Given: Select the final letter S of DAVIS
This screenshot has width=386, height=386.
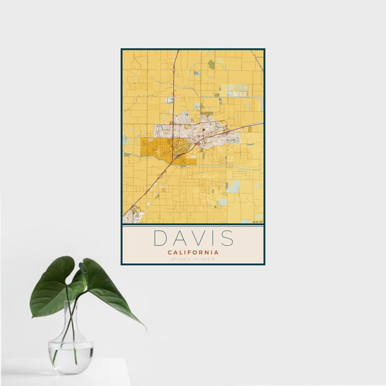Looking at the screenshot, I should (x=227, y=238).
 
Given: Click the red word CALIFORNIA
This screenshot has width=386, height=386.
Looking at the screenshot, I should (x=193, y=252).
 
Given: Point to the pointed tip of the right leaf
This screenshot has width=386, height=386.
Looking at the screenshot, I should (x=144, y=327).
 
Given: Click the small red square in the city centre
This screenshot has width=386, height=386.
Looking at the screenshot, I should (x=204, y=131).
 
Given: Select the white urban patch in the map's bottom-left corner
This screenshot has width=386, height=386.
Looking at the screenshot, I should (x=133, y=215).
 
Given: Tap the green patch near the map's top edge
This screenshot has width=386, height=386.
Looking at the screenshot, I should (x=212, y=64).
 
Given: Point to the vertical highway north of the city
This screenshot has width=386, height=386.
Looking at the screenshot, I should (x=174, y=77).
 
